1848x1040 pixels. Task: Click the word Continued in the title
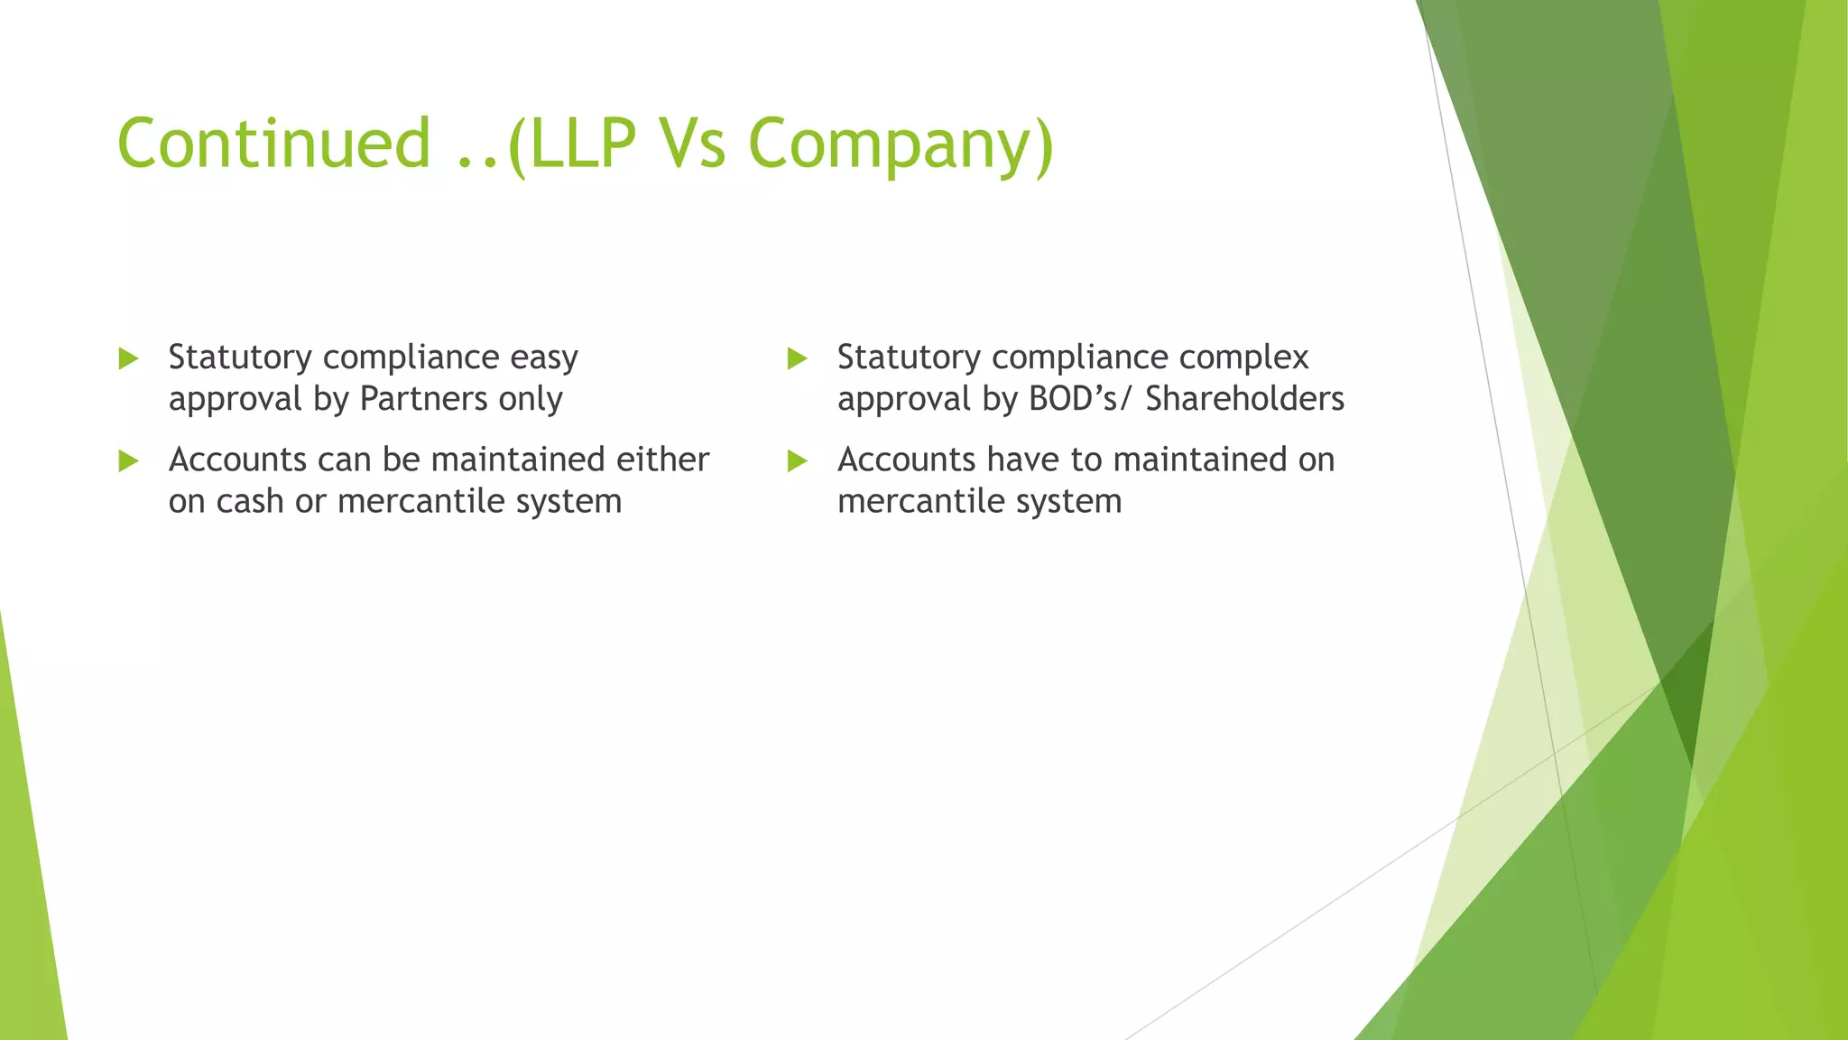click(x=273, y=144)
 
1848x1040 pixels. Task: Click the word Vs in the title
click(x=692, y=144)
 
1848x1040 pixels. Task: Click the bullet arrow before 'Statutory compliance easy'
click(x=128, y=358)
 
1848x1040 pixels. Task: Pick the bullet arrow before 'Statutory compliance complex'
click(x=797, y=358)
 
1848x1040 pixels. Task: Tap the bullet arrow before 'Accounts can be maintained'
click(x=128, y=461)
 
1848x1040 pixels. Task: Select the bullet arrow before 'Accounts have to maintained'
click(x=797, y=461)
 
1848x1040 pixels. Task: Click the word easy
click(x=543, y=358)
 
